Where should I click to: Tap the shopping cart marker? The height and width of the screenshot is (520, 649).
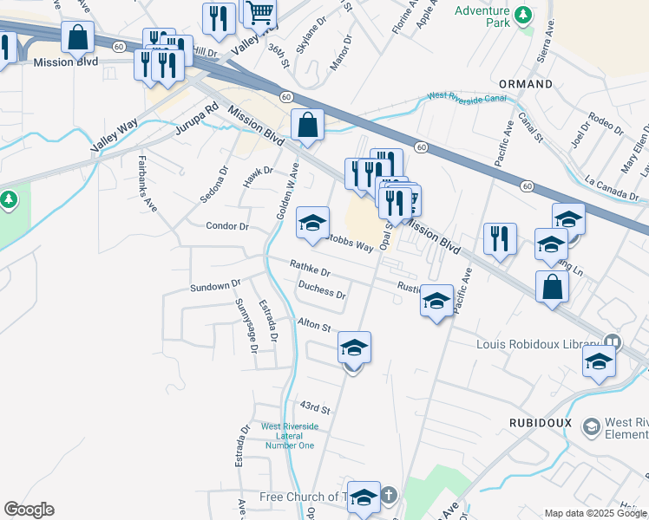coord(259,13)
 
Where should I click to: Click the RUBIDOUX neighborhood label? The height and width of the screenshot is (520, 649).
coord(532,420)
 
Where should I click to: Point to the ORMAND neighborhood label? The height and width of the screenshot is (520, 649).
coord(526,84)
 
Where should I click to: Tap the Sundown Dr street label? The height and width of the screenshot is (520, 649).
coord(214,285)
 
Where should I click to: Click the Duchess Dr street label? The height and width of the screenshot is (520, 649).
coord(321,290)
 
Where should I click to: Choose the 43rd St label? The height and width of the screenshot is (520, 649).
coord(316,406)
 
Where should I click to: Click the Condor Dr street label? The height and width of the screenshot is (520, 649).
coord(227,226)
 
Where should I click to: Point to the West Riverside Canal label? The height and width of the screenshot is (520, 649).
coord(466,98)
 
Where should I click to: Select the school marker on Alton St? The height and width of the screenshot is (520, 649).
coord(354,348)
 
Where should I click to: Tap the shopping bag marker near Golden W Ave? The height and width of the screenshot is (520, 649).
coord(307,125)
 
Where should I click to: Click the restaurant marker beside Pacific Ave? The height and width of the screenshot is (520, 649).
coord(500,239)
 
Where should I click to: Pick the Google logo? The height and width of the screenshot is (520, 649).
coord(29,510)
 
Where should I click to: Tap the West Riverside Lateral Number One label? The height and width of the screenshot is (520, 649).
coord(289,436)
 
